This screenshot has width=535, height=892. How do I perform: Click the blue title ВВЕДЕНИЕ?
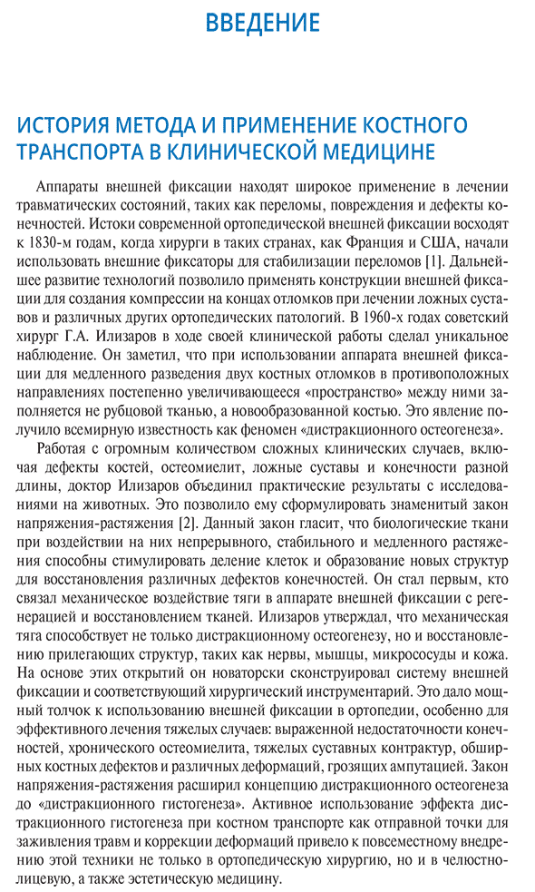[x=262, y=22]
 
